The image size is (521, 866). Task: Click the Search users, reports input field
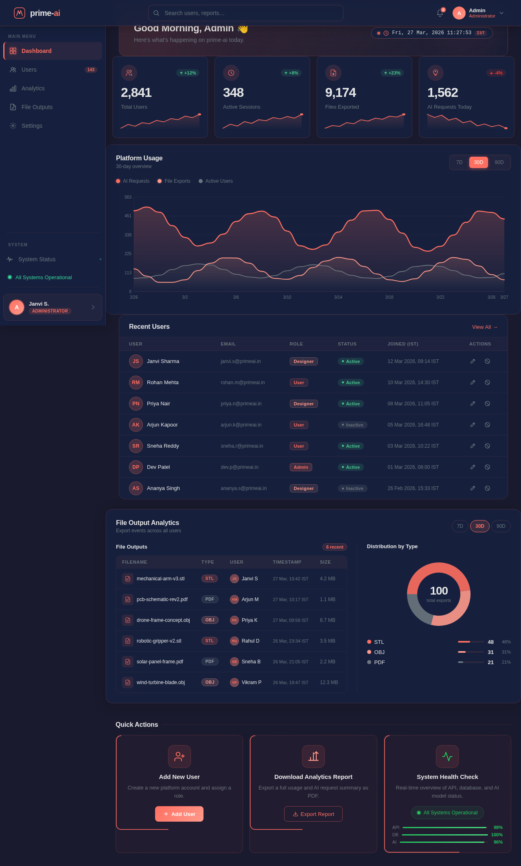[245, 13]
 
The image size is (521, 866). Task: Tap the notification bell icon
[440, 13]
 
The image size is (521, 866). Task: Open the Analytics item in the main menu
[33, 88]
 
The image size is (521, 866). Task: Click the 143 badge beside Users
[91, 70]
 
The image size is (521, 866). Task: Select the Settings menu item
[32, 126]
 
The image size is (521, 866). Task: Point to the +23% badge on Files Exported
[392, 73]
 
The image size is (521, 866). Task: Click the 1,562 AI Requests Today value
[442, 93]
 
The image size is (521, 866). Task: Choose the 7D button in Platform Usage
[459, 162]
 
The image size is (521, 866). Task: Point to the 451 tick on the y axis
[128, 216]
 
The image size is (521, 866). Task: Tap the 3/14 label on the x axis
[338, 297]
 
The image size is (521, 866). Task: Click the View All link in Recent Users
[484, 327]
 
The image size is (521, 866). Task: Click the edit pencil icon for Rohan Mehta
[473, 383]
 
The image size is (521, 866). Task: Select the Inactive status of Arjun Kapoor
[352, 425]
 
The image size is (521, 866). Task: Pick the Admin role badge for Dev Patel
[301, 467]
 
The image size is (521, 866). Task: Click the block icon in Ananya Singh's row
[487, 488]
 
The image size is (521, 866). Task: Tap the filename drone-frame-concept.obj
[163, 620]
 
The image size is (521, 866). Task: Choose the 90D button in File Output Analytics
[501, 526]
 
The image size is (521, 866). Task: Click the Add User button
[179, 814]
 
